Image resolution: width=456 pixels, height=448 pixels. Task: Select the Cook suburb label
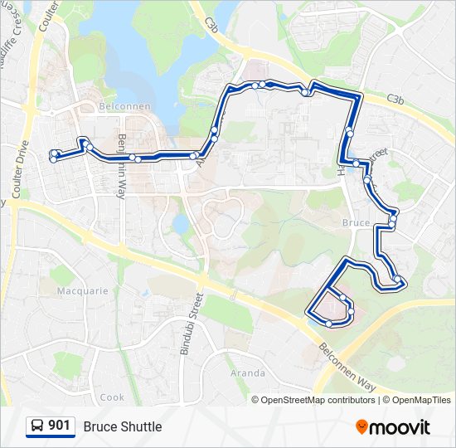(x=112, y=397)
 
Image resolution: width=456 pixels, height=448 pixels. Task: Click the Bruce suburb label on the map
(x=356, y=223)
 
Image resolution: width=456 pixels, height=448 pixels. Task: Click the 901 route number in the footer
(x=59, y=426)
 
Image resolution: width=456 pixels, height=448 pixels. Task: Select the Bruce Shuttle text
(x=123, y=426)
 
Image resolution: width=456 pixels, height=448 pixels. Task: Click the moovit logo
(x=393, y=427)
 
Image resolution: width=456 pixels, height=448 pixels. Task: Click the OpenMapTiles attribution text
(x=421, y=400)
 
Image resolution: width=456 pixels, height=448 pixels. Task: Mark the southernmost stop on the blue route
(x=329, y=324)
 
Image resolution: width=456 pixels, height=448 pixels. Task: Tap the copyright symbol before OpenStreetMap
(x=256, y=400)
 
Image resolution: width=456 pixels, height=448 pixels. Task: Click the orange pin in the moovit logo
(x=362, y=427)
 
